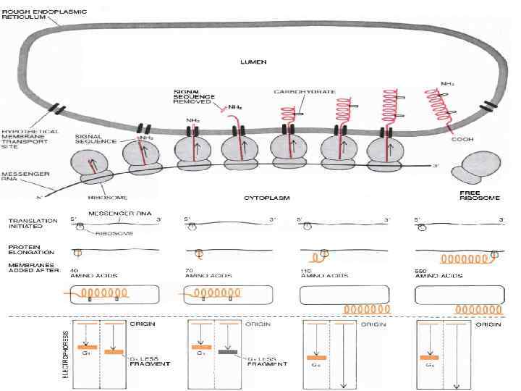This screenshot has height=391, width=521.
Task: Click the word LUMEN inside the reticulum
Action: tap(253, 62)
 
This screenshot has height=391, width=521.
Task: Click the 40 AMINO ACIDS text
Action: tap(88, 273)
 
